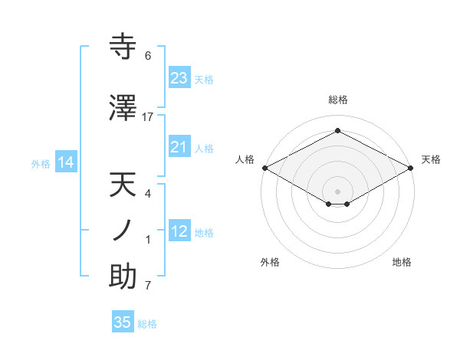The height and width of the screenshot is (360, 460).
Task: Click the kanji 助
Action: (x=123, y=277)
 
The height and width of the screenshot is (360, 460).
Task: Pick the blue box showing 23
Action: (x=179, y=78)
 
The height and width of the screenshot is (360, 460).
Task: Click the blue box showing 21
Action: (x=179, y=147)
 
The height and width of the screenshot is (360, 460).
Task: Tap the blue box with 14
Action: (x=66, y=162)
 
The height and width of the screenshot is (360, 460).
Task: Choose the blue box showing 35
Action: (x=123, y=322)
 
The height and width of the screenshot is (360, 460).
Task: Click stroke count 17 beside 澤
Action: (x=148, y=117)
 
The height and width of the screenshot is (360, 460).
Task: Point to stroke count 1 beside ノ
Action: (x=148, y=240)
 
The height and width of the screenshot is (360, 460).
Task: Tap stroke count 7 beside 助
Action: (x=148, y=286)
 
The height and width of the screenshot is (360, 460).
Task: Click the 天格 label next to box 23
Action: (x=204, y=80)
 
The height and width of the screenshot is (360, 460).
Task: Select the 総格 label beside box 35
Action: (x=147, y=324)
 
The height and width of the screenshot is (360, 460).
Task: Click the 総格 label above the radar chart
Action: (x=337, y=100)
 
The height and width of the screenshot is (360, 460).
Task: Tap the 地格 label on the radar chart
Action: (x=402, y=262)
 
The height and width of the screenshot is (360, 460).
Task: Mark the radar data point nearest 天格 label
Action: (x=411, y=168)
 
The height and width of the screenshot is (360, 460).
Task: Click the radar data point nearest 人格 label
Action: (x=264, y=168)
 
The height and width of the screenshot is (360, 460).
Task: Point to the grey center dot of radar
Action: (x=337, y=190)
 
